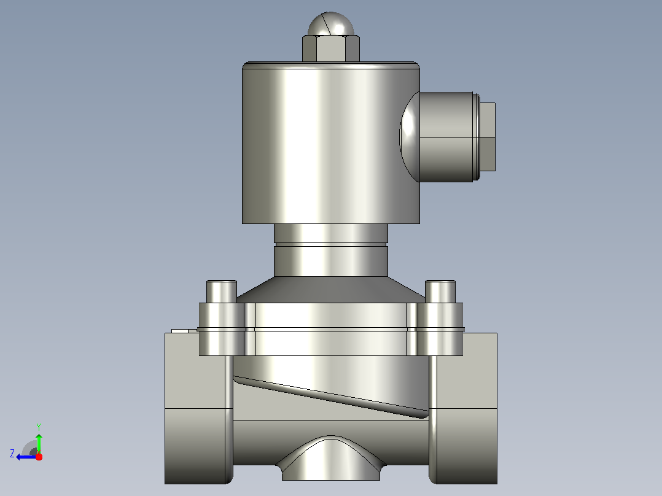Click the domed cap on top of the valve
[331, 24]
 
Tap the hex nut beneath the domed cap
[331, 49]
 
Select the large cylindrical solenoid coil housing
[330, 143]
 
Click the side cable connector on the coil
[448, 137]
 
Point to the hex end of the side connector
[488, 137]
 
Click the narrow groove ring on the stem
[331, 244]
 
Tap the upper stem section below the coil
[331, 233]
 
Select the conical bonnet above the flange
[331, 290]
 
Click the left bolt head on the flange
[221, 291]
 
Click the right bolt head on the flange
[440, 291]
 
